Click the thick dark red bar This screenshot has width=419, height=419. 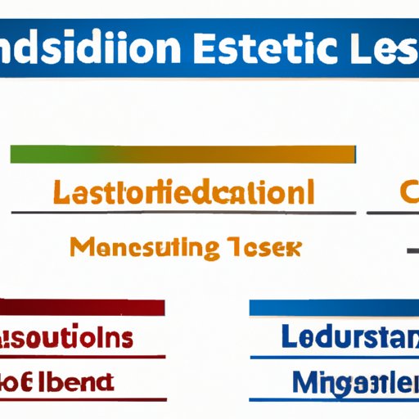82,308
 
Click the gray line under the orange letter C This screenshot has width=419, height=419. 393,214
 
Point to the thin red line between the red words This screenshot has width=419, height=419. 82,357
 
